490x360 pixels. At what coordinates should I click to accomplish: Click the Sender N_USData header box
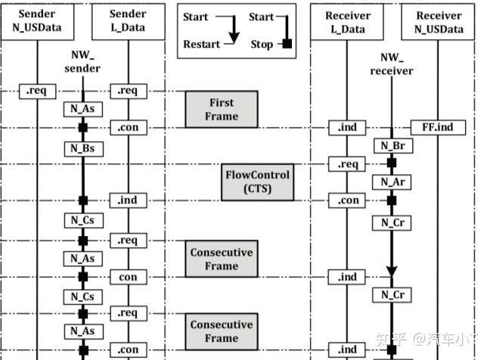pyautogui.click(x=37, y=22)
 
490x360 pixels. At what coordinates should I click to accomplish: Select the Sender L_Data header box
pyautogui.click(x=128, y=22)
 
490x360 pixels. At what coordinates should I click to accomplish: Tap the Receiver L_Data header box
pyautogui.click(x=347, y=22)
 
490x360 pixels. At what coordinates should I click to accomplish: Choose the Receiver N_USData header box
pyautogui.click(x=438, y=22)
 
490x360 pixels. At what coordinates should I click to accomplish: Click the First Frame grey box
pyautogui.click(x=222, y=110)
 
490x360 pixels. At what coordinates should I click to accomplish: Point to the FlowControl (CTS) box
pyautogui.click(x=258, y=182)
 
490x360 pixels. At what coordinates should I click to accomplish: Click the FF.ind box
pyautogui.click(x=438, y=128)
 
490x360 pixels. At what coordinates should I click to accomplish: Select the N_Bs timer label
pyautogui.click(x=83, y=149)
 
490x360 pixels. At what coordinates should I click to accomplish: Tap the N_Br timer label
pyautogui.click(x=393, y=146)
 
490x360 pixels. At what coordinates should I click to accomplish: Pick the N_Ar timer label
pyautogui.click(x=392, y=182)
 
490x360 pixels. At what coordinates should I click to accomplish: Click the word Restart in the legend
pyautogui.click(x=202, y=44)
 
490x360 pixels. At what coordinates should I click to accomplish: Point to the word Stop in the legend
pyautogui.click(x=262, y=45)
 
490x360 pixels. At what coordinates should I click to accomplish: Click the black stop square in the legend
pyautogui.click(x=287, y=43)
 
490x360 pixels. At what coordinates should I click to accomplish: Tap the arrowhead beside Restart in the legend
pyautogui.click(x=234, y=38)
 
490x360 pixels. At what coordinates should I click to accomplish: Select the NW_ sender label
pyautogui.click(x=82, y=61)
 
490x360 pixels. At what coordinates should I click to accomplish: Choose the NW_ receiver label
pyautogui.click(x=392, y=64)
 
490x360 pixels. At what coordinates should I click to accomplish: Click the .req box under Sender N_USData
pyautogui.click(x=38, y=92)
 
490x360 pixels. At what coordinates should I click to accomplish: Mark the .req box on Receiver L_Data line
pyautogui.click(x=347, y=164)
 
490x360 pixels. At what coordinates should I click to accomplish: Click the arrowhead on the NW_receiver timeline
pyautogui.click(x=392, y=272)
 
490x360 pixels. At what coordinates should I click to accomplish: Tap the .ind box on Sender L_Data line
pyautogui.click(x=128, y=200)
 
